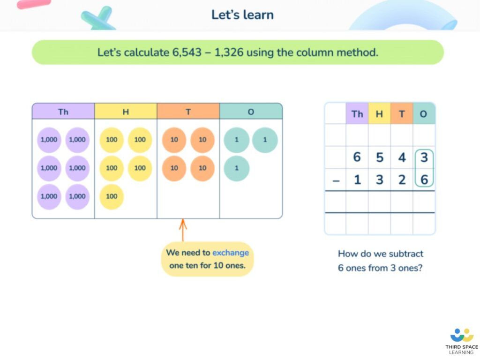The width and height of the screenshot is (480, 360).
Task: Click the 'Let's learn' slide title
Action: pos(242,15)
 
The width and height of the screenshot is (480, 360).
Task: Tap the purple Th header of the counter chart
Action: pos(63,111)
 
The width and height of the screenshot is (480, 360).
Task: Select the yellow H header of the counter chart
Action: pos(126,111)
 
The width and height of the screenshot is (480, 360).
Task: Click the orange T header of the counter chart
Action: pos(188,111)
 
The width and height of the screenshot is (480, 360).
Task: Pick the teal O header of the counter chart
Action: pos(251,111)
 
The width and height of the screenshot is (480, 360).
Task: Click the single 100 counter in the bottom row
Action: pos(112,196)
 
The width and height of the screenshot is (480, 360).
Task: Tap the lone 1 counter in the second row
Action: pos(237,168)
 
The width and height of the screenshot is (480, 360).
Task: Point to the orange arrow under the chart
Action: pos(183,230)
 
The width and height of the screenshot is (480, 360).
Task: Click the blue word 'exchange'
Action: pos(231,253)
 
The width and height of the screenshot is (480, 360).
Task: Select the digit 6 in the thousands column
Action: pos(357,157)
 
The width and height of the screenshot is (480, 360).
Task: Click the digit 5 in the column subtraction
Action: pos(380,157)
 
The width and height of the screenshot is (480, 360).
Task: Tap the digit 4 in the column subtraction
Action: pos(402,157)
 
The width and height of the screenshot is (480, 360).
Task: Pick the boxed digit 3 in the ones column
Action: pos(424,157)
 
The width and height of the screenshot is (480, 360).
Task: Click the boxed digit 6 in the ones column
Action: pos(424,180)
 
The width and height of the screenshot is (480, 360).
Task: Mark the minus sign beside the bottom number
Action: pos(336,180)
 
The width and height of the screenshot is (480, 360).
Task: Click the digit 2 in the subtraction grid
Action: pos(402,180)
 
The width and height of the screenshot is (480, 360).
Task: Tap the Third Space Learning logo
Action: pos(462,341)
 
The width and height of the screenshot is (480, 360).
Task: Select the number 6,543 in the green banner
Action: pos(187,52)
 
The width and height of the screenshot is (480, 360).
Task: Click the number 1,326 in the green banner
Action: pos(229,52)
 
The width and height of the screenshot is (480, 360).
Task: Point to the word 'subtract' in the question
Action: pos(406,254)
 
